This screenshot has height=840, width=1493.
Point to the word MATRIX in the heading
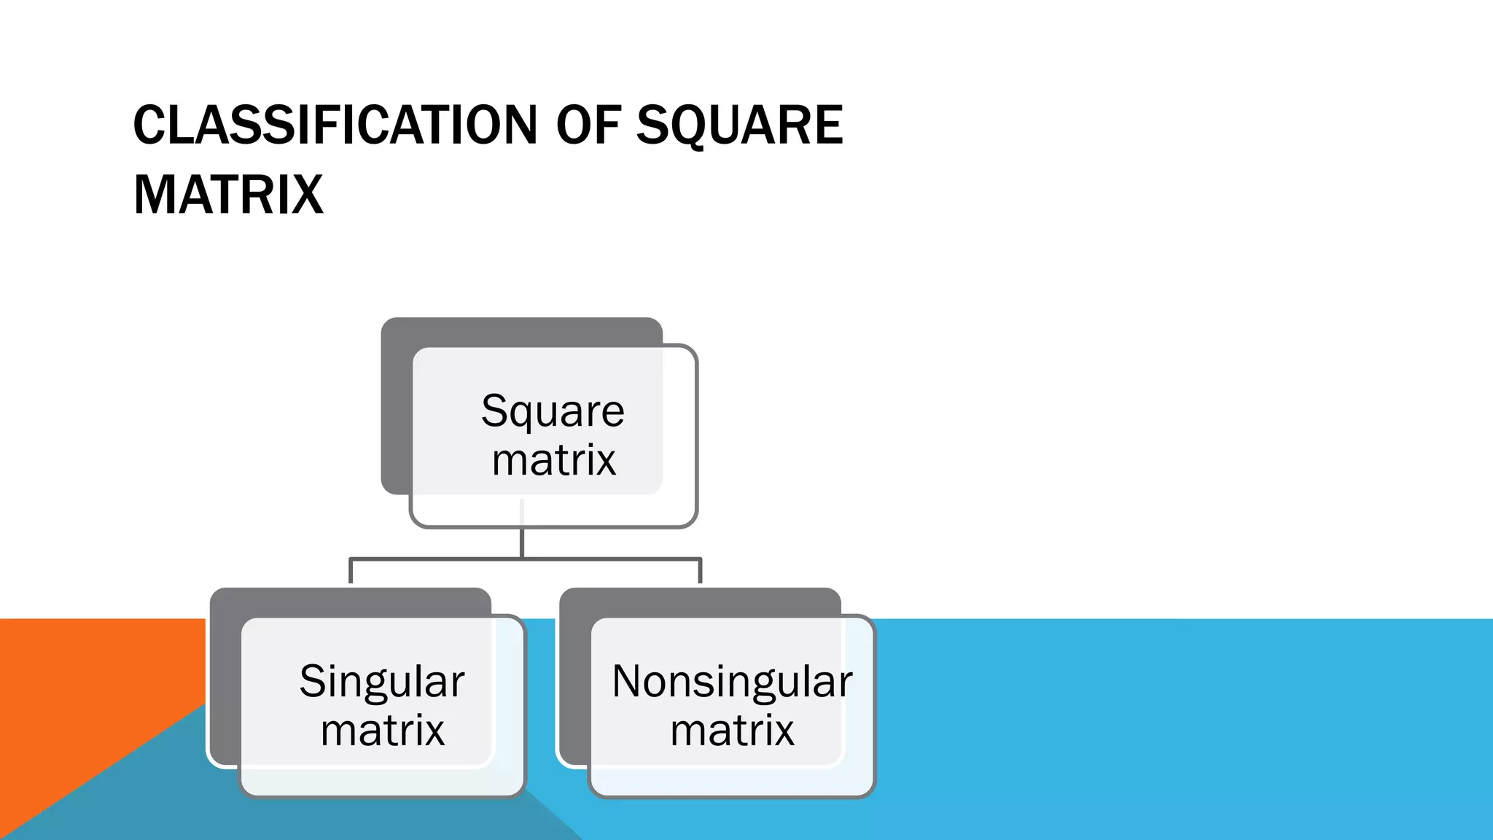[228, 195]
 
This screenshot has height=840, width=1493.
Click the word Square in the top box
[553, 411]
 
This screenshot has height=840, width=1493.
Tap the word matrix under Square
[553, 460]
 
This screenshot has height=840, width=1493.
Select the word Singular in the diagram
[381, 681]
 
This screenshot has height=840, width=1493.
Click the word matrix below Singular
[382, 730]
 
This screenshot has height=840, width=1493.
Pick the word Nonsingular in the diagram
[732, 681]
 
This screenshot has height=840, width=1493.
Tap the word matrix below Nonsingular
[732, 730]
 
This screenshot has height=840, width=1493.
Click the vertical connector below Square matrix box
[522, 543]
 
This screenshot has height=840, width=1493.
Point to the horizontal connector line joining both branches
[437, 559]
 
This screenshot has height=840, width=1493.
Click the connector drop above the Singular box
[351, 572]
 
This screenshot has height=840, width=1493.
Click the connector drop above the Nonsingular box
[701, 572]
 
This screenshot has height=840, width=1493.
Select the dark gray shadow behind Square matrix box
[396, 408]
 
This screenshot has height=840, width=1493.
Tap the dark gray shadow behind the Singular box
[225, 678]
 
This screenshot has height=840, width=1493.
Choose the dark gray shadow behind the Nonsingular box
[574, 678]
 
